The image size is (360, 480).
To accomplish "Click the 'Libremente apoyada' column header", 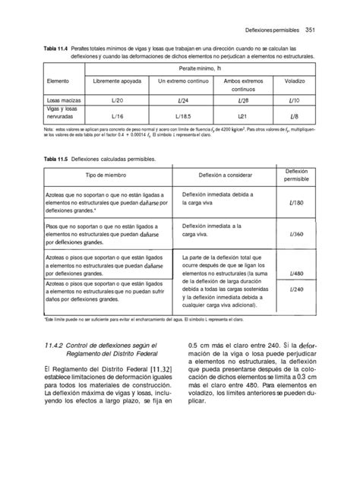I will coord(117,81).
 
